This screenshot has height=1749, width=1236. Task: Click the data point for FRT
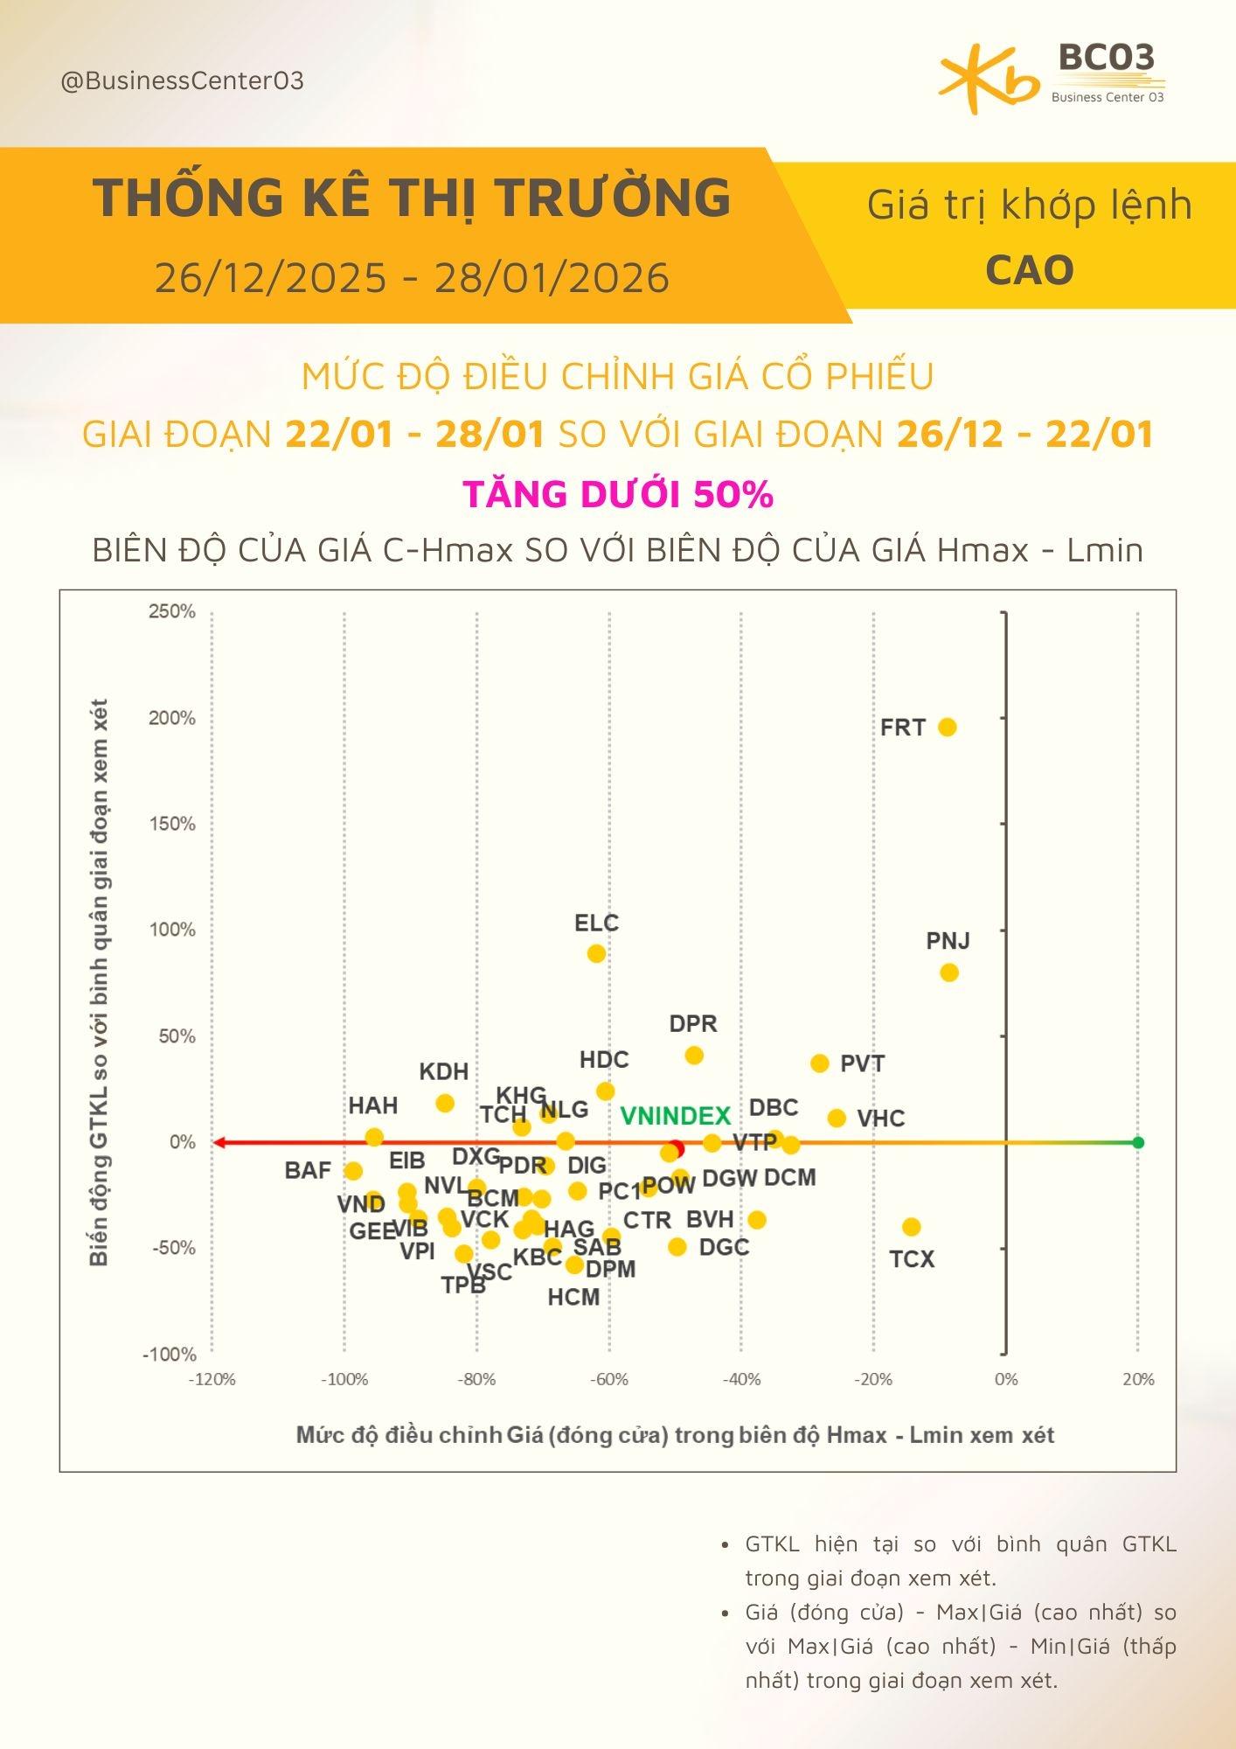pyautogui.click(x=947, y=727)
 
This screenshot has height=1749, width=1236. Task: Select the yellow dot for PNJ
pyautogui.click(x=949, y=972)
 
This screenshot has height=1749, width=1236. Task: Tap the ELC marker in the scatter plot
pyautogui.click(x=596, y=953)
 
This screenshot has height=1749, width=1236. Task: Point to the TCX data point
pyautogui.click(x=912, y=1227)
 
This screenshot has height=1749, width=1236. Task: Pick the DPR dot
pyautogui.click(x=694, y=1056)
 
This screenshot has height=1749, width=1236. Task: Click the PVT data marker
pyautogui.click(x=820, y=1063)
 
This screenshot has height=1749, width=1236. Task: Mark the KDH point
pyautogui.click(x=445, y=1103)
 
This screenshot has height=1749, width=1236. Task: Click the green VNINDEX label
pyautogui.click(x=675, y=1116)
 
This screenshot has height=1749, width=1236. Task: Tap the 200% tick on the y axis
pyautogui.click(x=172, y=718)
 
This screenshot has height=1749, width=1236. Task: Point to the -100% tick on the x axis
pyautogui.click(x=344, y=1379)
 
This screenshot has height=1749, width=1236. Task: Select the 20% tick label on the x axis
pyautogui.click(x=1138, y=1379)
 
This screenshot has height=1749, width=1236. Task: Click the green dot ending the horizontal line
pyautogui.click(x=1138, y=1142)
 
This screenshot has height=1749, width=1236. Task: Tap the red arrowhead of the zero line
pyautogui.click(x=219, y=1142)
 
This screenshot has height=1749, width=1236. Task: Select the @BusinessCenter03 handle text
pyautogui.click(x=183, y=81)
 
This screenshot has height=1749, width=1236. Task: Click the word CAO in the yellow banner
pyautogui.click(x=1030, y=270)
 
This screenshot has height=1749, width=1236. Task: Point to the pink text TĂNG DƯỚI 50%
pyautogui.click(x=618, y=494)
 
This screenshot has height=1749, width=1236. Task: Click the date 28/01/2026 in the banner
pyautogui.click(x=552, y=278)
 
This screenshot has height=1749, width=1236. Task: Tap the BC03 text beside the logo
pyautogui.click(x=1107, y=58)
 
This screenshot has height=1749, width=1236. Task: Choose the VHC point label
pyautogui.click(x=880, y=1118)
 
